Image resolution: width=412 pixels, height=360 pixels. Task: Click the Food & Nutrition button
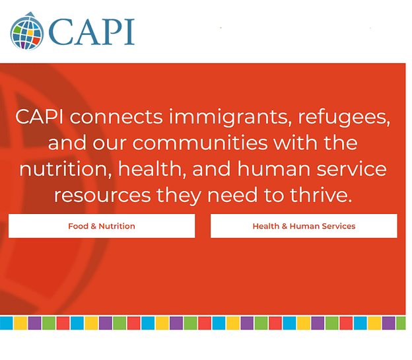[102, 226]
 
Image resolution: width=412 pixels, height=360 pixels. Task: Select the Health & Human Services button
[304, 226]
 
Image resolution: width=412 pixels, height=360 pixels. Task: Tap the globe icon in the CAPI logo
[27, 32]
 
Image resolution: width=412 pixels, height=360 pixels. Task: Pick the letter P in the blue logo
[112, 32]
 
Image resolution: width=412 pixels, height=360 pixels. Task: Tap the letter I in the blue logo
[129, 32]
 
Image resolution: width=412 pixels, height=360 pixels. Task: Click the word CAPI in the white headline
[39, 116]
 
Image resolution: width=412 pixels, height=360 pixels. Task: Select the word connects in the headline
[116, 117]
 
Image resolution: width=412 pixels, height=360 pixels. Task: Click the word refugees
[344, 118]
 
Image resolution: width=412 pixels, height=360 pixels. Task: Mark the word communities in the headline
[200, 143]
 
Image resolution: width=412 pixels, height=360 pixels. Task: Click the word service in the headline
[351, 169]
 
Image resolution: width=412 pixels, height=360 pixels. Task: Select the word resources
[102, 196]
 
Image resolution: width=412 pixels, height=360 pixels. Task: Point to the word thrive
[321, 195]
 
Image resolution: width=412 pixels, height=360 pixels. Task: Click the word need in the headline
[232, 195]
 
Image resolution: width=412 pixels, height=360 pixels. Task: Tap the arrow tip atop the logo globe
[30, 12]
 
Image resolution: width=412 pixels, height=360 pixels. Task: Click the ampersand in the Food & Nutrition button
[94, 226]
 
